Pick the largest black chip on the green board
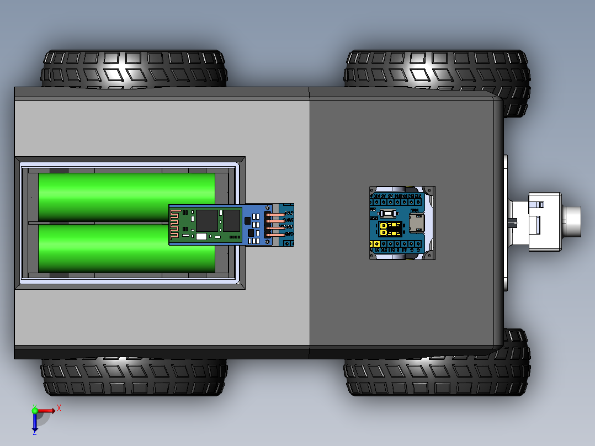(208, 220)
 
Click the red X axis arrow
(46, 410)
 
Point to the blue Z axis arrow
(35, 422)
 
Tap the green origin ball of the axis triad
(35, 410)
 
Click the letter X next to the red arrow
(59, 408)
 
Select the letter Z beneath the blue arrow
(34, 432)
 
